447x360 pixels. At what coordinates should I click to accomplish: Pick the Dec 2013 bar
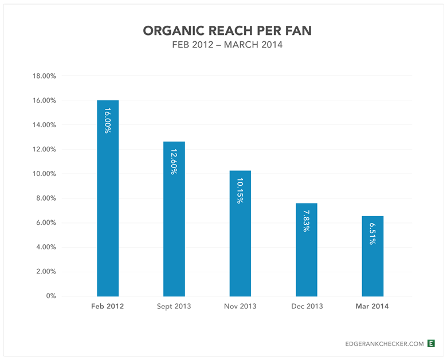(x=306, y=252)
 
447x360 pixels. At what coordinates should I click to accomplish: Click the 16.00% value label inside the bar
(x=108, y=120)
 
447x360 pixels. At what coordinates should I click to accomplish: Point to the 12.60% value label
(x=174, y=161)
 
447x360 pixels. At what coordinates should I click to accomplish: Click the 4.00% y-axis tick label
(x=44, y=247)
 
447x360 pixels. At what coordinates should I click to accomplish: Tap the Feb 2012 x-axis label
(x=108, y=306)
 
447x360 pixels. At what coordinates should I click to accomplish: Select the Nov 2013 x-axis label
(x=240, y=306)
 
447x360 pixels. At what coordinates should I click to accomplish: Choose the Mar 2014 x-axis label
(x=372, y=306)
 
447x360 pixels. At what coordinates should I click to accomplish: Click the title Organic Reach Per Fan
(x=228, y=31)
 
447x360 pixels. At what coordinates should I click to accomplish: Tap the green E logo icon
(x=431, y=343)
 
